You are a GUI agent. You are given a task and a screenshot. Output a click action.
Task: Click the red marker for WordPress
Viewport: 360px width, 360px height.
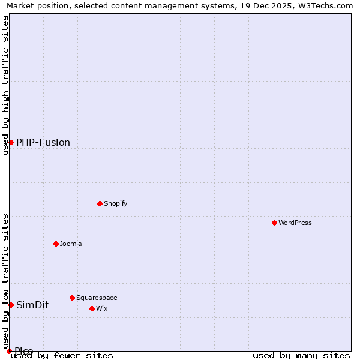[274, 223]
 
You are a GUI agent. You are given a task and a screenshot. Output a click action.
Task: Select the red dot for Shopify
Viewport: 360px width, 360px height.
[100, 203]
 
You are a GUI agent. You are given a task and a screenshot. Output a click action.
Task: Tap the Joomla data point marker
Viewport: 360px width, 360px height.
[56, 244]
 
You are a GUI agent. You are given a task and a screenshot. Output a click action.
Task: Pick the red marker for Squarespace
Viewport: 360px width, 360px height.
[72, 298]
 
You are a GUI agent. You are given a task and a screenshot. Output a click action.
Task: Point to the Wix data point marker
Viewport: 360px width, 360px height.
[92, 308]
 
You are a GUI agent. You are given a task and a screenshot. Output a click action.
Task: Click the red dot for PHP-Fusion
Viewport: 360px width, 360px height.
[11, 142]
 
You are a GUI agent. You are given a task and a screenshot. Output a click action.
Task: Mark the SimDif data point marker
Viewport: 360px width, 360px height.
[11, 305]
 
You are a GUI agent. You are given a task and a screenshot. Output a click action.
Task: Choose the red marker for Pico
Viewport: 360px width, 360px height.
[9, 351]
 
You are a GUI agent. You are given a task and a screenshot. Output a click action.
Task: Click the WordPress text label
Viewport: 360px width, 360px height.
[295, 223]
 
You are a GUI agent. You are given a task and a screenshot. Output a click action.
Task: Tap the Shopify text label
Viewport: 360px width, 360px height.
[116, 203]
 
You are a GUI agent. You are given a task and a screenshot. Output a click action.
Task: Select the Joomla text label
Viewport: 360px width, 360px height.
[71, 244]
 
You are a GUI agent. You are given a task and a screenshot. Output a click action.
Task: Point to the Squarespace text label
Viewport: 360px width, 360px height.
[97, 298]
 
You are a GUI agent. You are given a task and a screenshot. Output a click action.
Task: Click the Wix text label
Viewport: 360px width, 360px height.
[101, 308]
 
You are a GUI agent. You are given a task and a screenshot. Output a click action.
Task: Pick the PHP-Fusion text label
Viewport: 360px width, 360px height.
[43, 142]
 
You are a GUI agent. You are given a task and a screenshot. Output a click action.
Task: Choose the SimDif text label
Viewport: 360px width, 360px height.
[32, 305]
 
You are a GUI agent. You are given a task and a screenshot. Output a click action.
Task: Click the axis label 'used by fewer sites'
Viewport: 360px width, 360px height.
[62, 356]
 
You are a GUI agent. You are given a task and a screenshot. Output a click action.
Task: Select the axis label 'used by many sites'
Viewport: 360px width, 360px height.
[301, 356]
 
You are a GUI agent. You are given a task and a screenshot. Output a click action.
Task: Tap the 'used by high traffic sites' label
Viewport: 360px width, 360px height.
[5, 85]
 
